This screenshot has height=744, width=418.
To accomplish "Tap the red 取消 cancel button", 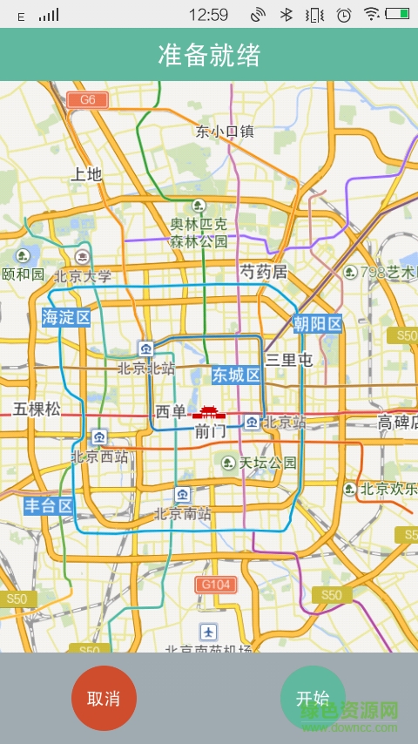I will point(104,698).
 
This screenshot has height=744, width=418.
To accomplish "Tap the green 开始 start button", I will point(313,697).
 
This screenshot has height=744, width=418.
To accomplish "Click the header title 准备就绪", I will point(209,55).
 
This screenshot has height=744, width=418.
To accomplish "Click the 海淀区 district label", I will point(66,317).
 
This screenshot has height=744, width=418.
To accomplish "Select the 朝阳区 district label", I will point(317,325).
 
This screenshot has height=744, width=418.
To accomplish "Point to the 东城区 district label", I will point(237,375).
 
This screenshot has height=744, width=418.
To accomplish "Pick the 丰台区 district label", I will point(48,506).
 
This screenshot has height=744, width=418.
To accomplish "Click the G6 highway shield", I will point(87,99).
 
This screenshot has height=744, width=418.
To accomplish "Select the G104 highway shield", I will point(215,584).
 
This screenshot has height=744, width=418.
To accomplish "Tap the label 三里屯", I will point(289,360).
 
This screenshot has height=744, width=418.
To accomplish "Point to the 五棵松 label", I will point(37,409).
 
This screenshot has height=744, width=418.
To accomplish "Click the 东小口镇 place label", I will point(225,132).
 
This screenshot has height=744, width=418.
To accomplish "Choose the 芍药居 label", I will point(264,273).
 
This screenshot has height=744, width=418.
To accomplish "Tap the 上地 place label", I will point(86,174).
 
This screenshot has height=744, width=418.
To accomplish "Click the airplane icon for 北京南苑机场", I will point(208,632).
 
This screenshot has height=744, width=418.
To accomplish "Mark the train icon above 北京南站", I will point(181,495).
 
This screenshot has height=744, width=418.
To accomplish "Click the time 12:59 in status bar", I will point(207,14).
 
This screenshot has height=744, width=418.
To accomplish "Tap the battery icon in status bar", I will point(397,14).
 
